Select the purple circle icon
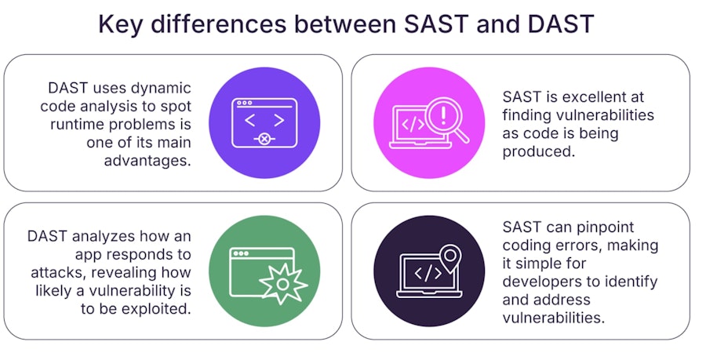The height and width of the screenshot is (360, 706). [264, 123]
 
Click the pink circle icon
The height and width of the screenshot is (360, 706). [429, 123]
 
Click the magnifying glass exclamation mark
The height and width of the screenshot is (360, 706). [443, 115]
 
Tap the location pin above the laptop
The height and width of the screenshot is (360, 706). [449, 258]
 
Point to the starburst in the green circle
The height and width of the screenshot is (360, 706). [282, 284]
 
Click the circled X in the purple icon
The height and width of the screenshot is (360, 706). [265, 140]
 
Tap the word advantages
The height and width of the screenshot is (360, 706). [147, 161]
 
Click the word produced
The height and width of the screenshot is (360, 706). [539, 151]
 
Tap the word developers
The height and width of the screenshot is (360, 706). [540, 282]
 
